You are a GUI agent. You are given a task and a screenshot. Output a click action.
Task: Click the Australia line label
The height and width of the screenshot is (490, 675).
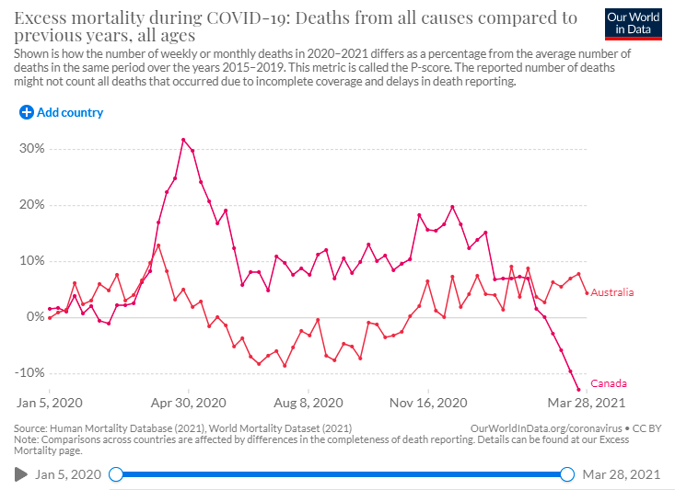612,293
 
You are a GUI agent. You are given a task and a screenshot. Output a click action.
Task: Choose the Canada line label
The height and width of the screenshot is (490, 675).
608,383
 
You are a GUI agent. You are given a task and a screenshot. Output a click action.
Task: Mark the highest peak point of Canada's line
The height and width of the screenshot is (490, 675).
184,140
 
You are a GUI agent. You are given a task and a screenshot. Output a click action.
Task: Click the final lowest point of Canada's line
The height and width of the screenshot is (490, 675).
578,390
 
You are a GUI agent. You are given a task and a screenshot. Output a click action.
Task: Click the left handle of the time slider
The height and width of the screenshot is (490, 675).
116,474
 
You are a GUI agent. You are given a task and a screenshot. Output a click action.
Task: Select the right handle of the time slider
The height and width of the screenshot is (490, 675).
567,474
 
